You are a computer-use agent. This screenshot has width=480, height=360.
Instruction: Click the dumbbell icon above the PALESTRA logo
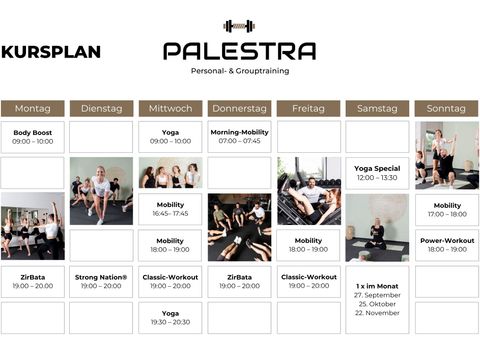[x=239, y=26]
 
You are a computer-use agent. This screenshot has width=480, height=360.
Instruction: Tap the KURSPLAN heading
[x=51, y=52]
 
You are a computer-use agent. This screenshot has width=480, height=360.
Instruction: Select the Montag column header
[x=33, y=108]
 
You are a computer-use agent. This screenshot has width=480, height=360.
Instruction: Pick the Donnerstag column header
[x=239, y=108]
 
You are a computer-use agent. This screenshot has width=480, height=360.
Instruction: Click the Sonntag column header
[x=446, y=108]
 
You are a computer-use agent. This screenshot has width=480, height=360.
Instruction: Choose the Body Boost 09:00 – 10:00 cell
[x=33, y=137]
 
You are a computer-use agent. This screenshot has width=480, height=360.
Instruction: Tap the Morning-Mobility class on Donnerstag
[x=239, y=137]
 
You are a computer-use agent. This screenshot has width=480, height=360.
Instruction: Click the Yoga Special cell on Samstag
[x=377, y=173]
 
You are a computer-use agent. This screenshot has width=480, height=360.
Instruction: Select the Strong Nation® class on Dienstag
[x=101, y=282]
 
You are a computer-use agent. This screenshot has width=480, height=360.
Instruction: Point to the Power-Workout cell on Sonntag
[x=447, y=245]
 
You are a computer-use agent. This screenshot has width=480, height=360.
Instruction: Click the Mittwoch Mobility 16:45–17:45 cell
[x=170, y=209]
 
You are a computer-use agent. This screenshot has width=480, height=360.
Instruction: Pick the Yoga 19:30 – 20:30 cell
[x=170, y=318]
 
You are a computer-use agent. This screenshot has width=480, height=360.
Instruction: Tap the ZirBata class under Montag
[x=33, y=282]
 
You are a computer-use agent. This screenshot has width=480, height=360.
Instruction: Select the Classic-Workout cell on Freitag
[x=309, y=281]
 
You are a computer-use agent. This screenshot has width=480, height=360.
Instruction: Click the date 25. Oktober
[x=377, y=304]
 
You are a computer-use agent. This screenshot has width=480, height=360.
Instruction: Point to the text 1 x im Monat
[x=377, y=286]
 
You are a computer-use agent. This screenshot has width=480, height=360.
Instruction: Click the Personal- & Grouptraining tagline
[x=240, y=71]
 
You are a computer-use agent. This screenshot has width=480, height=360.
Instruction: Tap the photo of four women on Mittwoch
[x=170, y=173]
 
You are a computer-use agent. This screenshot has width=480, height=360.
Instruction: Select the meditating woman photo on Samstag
[x=377, y=228]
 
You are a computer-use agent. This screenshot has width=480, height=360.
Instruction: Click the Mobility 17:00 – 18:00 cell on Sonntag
[x=447, y=210]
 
